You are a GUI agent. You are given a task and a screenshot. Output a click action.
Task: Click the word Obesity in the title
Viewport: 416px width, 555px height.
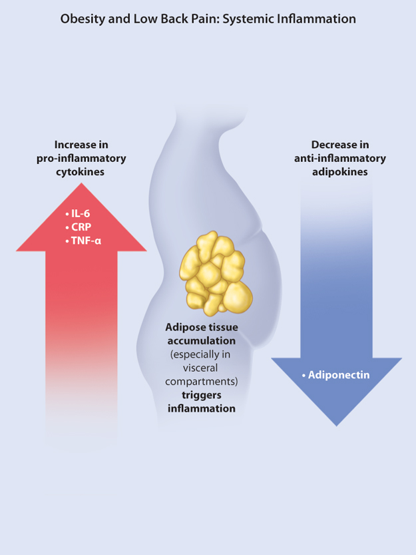pos(81,19)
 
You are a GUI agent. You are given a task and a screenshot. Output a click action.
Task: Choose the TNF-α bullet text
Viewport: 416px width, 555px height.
pos(86,241)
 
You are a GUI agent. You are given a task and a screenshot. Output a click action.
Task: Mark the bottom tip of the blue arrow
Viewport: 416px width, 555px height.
pos(337,424)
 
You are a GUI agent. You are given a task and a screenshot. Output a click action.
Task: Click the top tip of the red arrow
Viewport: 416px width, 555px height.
pos(81,183)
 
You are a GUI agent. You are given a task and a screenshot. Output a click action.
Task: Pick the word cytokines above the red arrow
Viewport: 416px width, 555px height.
pos(81,171)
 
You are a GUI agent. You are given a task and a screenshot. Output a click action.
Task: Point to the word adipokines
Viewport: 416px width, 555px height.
pos(340,171)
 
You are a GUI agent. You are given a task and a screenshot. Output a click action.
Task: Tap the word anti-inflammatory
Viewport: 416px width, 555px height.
pos(340,158)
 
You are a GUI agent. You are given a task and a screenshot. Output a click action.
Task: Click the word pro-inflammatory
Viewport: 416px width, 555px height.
pos(81,158)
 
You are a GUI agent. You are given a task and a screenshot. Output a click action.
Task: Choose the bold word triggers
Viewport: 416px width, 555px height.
pos(201,394)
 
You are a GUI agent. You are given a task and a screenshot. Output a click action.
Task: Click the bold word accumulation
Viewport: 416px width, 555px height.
pos(201,341)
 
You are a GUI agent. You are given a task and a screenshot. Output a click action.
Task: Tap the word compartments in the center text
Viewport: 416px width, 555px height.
pos(201,382)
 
